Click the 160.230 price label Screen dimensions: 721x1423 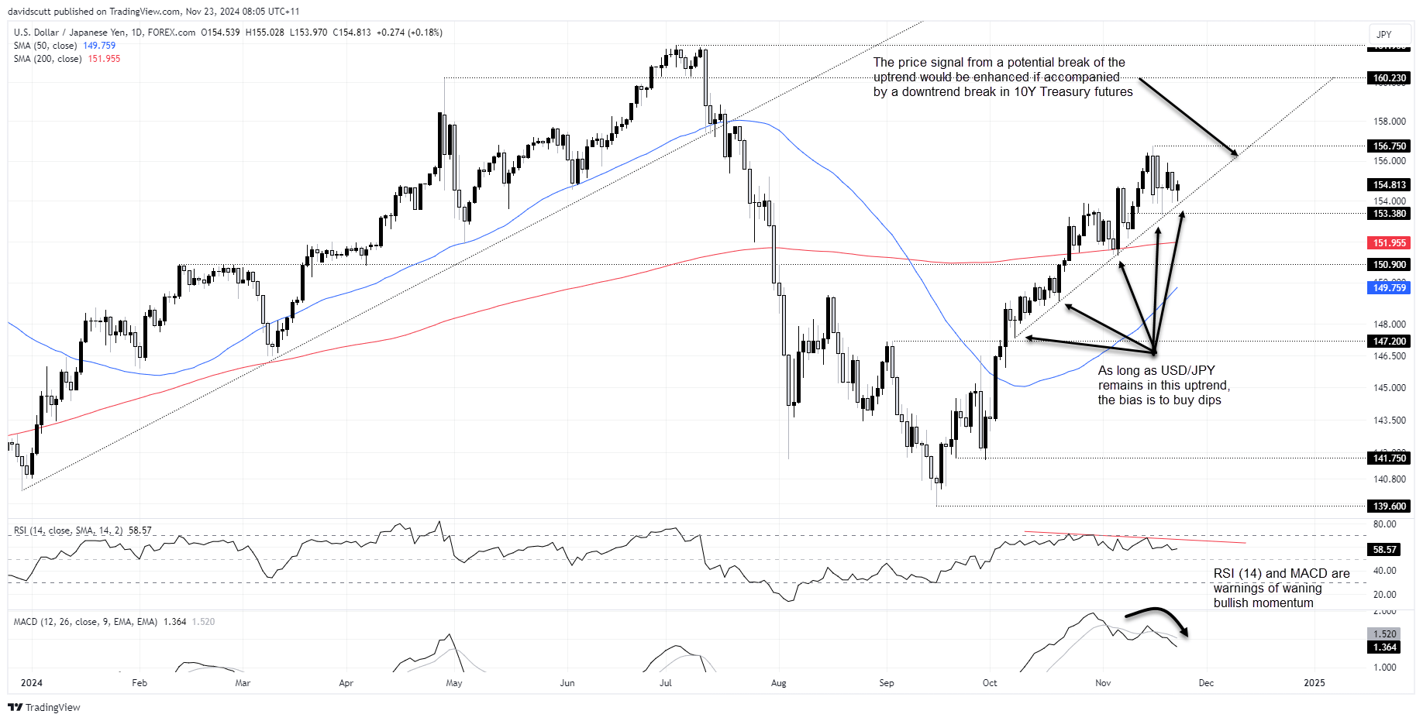click(1389, 78)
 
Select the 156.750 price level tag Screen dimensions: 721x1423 click(1389, 146)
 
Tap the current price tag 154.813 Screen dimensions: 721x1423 click(1389, 185)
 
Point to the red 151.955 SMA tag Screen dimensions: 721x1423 click(1389, 243)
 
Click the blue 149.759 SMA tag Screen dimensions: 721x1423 click(1389, 288)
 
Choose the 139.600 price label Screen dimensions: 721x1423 click(1389, 506)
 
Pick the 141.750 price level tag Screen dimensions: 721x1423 click(1389, 458)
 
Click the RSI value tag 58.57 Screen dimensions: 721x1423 click(1384, 550)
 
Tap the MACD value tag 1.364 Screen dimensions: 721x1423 click(1384, 647)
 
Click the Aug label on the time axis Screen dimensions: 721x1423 click(779, 683)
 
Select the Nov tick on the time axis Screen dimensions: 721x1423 click(1103, 683)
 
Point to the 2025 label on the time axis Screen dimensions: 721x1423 click(1314, 683)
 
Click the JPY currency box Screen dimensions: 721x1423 click(1384, 35)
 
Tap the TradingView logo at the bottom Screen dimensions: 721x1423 click(44, 707)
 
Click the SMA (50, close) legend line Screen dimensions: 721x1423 click(64, 46)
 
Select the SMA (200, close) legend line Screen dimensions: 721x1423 click(67, 59)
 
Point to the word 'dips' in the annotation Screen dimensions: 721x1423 click(1208, 400)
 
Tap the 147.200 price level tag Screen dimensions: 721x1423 click(1389, 342)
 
